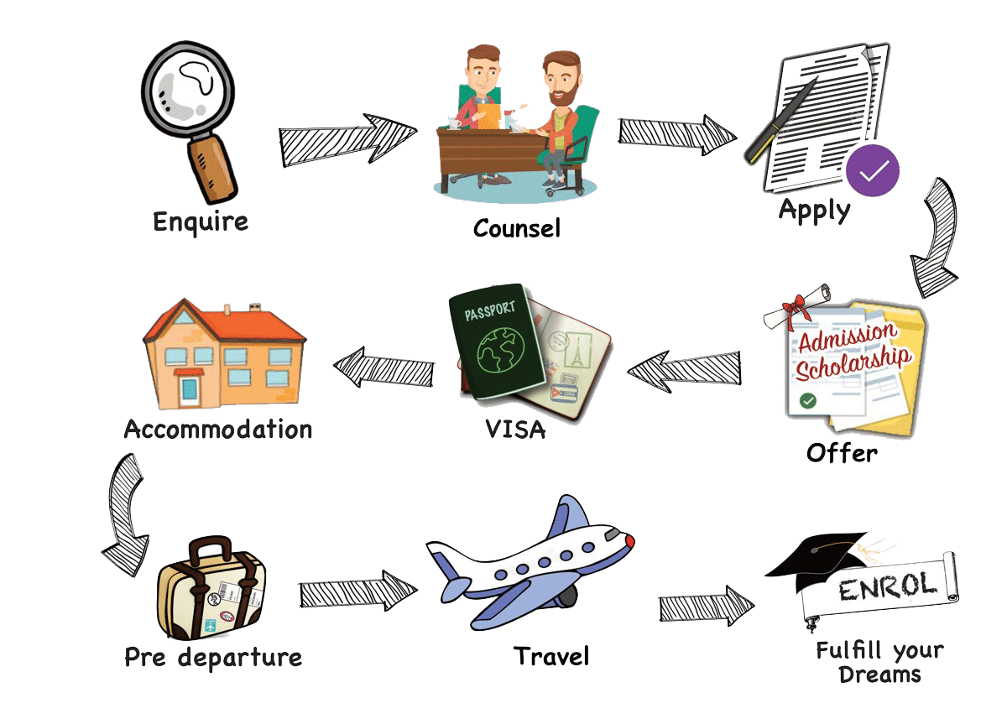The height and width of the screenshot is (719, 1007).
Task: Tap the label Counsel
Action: (x=516, y=227)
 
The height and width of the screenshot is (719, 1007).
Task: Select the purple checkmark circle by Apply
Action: (x=872, y=171)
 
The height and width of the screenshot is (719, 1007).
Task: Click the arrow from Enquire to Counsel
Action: (x=347, y=138)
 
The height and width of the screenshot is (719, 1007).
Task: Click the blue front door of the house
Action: (x=190, y=389)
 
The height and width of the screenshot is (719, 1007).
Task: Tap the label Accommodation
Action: (x=218, y=430)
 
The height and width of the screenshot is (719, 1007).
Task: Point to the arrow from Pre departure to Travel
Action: (x=357, y=592)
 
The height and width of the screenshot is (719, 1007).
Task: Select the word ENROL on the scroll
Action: (x=888, y=588)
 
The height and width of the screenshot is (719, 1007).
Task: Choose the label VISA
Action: (x=515, y=430)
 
